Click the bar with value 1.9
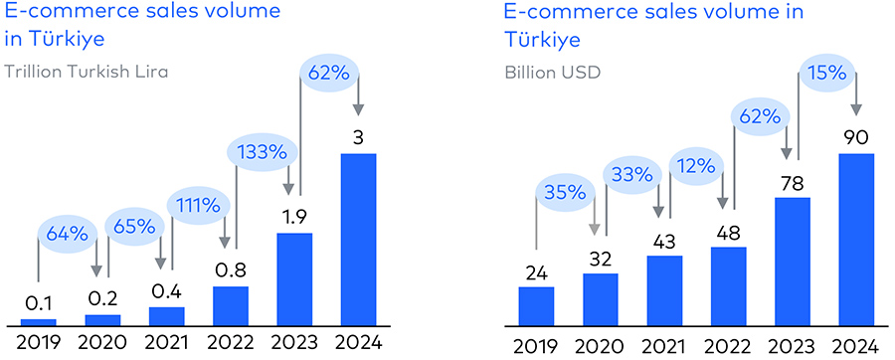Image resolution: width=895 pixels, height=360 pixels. pyautogui.click(x=294, y=278)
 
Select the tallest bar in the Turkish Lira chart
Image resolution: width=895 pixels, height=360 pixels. pyautogui.click(x=359, y=239)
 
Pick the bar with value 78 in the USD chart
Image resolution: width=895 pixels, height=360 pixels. pyautogui.click(x=793, y=261)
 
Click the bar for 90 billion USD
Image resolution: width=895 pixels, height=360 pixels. pyautogui.click(x=856, y=239)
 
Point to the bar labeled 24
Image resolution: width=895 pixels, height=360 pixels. pyautogui.click(x=536, y=305)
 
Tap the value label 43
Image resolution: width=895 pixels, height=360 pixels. pyautogui.click(x=664, y=241)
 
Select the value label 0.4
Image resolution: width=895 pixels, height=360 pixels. pyautogui.click(x=167, y=291)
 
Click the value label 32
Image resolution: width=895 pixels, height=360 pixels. pyautogui.click(x=600, y=258)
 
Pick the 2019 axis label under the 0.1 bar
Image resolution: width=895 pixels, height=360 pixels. pyautogui.click(x=39, y=345)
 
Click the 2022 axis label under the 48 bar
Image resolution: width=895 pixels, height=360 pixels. pyautogui.click(x=728, y=345)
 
